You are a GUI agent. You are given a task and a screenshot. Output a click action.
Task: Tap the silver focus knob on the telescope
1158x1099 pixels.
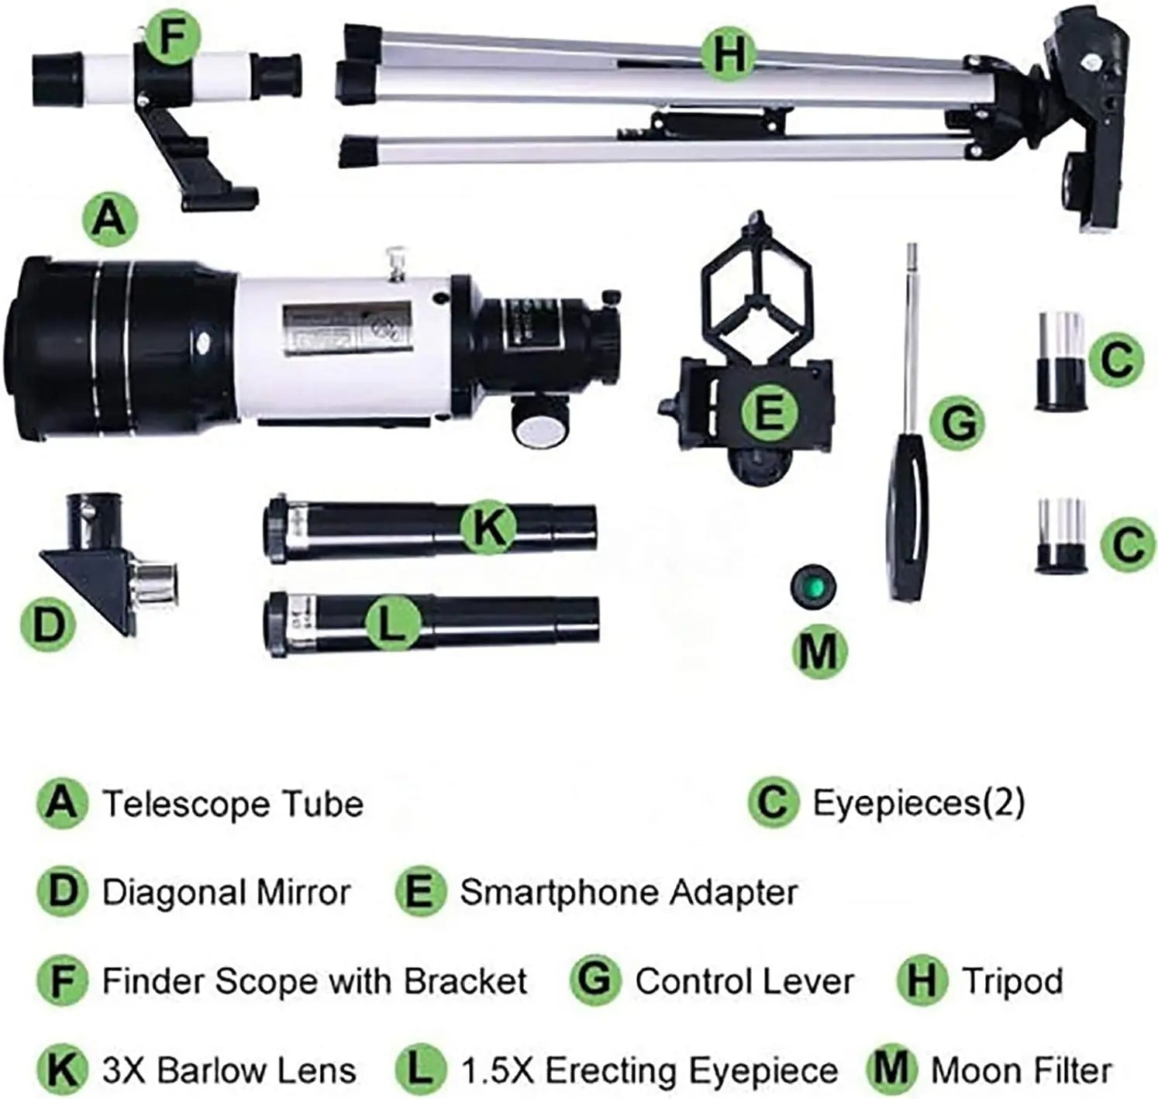point(539,425)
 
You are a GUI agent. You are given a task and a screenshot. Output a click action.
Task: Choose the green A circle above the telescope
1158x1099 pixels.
point(109,219)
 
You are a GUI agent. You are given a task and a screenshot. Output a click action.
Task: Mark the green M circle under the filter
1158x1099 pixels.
point(819,650)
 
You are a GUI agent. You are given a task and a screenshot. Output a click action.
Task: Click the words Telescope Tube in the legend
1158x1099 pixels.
point(233,804)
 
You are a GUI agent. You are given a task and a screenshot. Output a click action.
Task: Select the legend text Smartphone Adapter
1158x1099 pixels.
point(629,892)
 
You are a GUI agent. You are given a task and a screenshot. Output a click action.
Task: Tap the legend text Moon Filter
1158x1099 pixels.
point(1021,1070)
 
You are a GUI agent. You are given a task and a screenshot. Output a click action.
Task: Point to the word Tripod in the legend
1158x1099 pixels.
point(1012,980)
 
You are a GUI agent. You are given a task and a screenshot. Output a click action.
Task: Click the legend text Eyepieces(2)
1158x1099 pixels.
point(918,802)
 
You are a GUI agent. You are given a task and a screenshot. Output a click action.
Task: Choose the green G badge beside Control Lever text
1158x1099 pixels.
point(595,980)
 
